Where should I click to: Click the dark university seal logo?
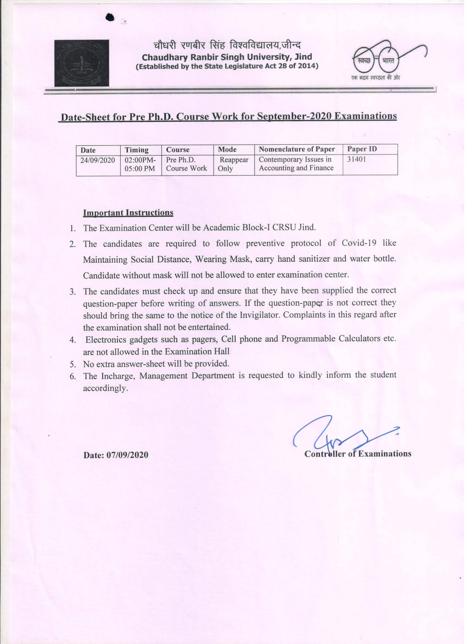tap(82, 63)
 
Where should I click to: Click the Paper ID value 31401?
tap(357, 159)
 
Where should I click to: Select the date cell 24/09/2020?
tap(97, 160)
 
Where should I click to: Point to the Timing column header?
tap(137, 150)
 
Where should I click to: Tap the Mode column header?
tap(227, 149)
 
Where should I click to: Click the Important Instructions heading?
tap(128, 213)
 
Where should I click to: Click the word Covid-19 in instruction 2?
tap(359, 243)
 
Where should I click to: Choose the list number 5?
tap(73, 364)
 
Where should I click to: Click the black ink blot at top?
tap(110, 18)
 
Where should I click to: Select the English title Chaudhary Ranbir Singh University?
tap(227, 57)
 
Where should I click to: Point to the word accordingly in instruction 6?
tap(105, 388)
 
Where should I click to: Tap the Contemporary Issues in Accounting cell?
tap(296, 164)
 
